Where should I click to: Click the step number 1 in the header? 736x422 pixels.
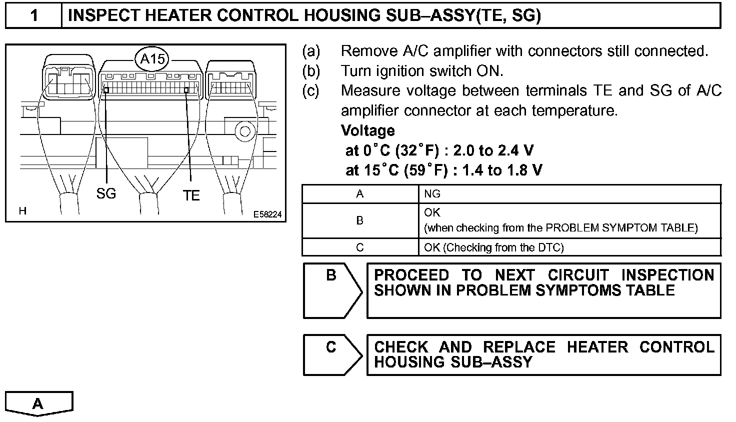(x=34, y=15)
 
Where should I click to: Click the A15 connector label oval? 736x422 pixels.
(x=152, y=58)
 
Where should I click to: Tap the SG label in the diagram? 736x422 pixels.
(x=106, y=193)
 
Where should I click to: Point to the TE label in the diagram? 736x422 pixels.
(x=191, y=195)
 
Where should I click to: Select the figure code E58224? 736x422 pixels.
(x=267, y=214)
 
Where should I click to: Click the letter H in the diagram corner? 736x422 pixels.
(x=22, y=211)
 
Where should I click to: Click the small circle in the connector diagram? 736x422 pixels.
(x=245, y=131)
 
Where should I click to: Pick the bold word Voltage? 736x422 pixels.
(x=367, y=130)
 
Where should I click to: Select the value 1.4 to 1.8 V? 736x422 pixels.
(x=502, y=170)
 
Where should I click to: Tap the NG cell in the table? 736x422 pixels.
(x=432, y=194)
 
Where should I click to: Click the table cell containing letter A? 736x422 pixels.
(x=359, y=194)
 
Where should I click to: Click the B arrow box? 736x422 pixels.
(x=332, y=290)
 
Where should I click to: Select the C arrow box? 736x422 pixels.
(x=332, y=354)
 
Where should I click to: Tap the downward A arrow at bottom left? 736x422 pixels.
(x=38, y=403)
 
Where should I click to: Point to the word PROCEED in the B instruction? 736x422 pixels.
(x=411, y=275)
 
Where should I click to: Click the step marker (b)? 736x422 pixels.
(x=311, y=71)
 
